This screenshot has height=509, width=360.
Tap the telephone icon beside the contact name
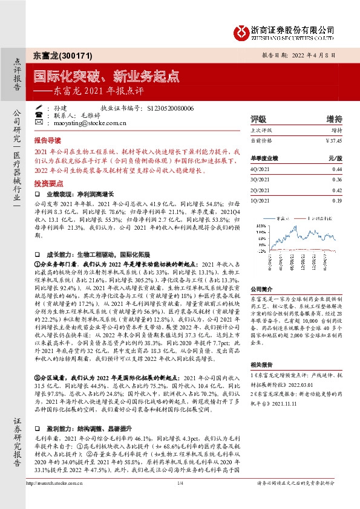coord(39,115)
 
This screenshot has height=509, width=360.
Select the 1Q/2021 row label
coord(261,200)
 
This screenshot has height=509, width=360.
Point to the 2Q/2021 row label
coord(261,190)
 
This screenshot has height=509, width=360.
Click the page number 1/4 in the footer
coord(180,482)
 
